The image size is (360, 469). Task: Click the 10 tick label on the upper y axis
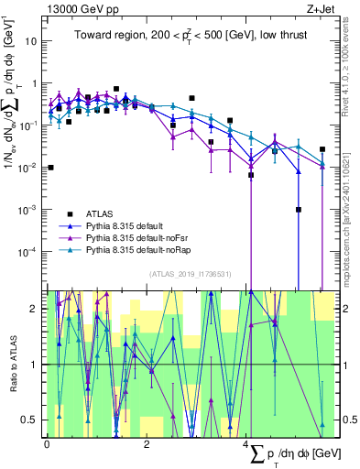[x=31, y=41]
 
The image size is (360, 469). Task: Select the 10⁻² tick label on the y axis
[x=28, y=168]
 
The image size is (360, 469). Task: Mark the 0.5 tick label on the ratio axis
[x=32, y=420]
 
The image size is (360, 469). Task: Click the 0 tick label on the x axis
[x=47, y=444]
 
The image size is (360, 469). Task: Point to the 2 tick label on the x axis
[x=147, y=444]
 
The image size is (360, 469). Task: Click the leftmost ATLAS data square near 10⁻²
[x=50, y=168]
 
